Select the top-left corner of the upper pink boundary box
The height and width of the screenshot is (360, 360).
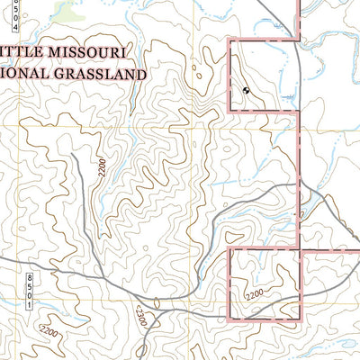click(230, 40)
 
